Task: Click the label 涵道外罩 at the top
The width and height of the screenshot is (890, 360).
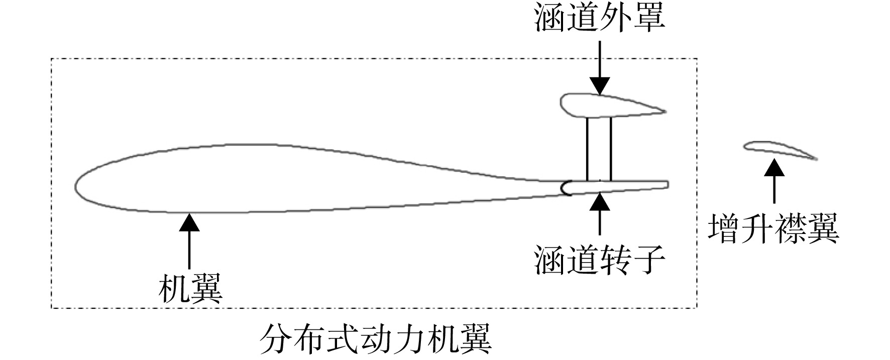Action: tap(600, 19)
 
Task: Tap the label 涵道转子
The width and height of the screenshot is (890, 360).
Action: tap(600, 260)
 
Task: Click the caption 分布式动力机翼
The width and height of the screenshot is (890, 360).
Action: tap(375, 339)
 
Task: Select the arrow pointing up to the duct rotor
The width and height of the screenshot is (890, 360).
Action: tap(600, 214)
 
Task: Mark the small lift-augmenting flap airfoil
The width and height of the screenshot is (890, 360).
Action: tap(780, 150)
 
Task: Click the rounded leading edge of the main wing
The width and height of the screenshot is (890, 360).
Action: tap(76, 183)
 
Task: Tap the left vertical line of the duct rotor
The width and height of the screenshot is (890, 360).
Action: tap(587, 149)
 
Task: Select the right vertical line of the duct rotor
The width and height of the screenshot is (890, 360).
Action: tap(611, 149)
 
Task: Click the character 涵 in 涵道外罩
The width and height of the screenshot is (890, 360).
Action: tap(550, 19)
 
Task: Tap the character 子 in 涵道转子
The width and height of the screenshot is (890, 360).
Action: tap(649, 260)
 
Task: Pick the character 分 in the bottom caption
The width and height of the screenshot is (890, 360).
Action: tap(276, 339)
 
